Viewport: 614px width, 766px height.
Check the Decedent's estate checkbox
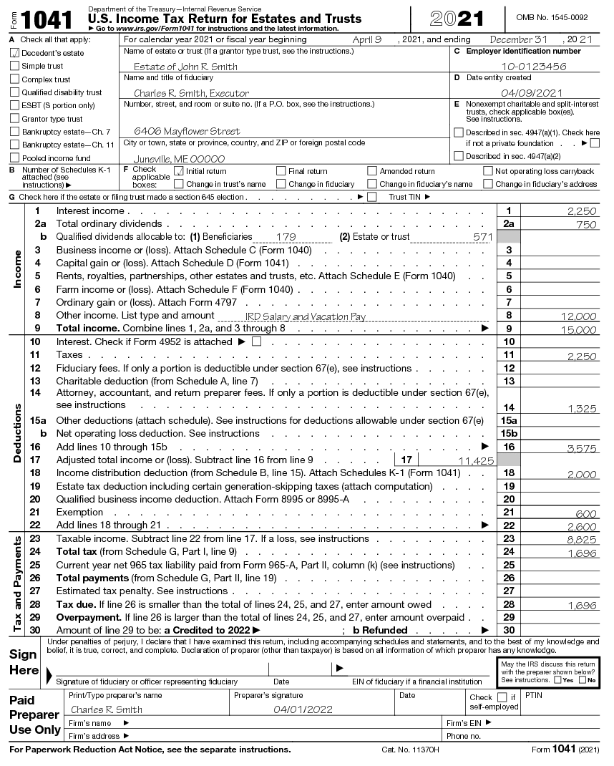click(x=15, y=53)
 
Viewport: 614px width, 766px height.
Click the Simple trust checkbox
click(x=15, y=66)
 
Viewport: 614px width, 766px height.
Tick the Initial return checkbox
click(x=180, y=171)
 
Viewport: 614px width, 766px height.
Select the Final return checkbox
click(x=281, y=171)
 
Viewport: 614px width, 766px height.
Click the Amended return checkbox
click(x=372, y=171)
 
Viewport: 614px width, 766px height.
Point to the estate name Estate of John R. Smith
click(x=185, y=67)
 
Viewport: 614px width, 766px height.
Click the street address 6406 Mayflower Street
click(x=187, y=132)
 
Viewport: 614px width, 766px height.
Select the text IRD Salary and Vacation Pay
click(x=306, y=316)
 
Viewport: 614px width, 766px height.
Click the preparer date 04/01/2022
click(x=303, y=709)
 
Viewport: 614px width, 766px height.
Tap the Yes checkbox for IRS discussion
click(x=557, y=680)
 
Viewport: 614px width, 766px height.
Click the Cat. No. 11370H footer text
click(x=410, y=750)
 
